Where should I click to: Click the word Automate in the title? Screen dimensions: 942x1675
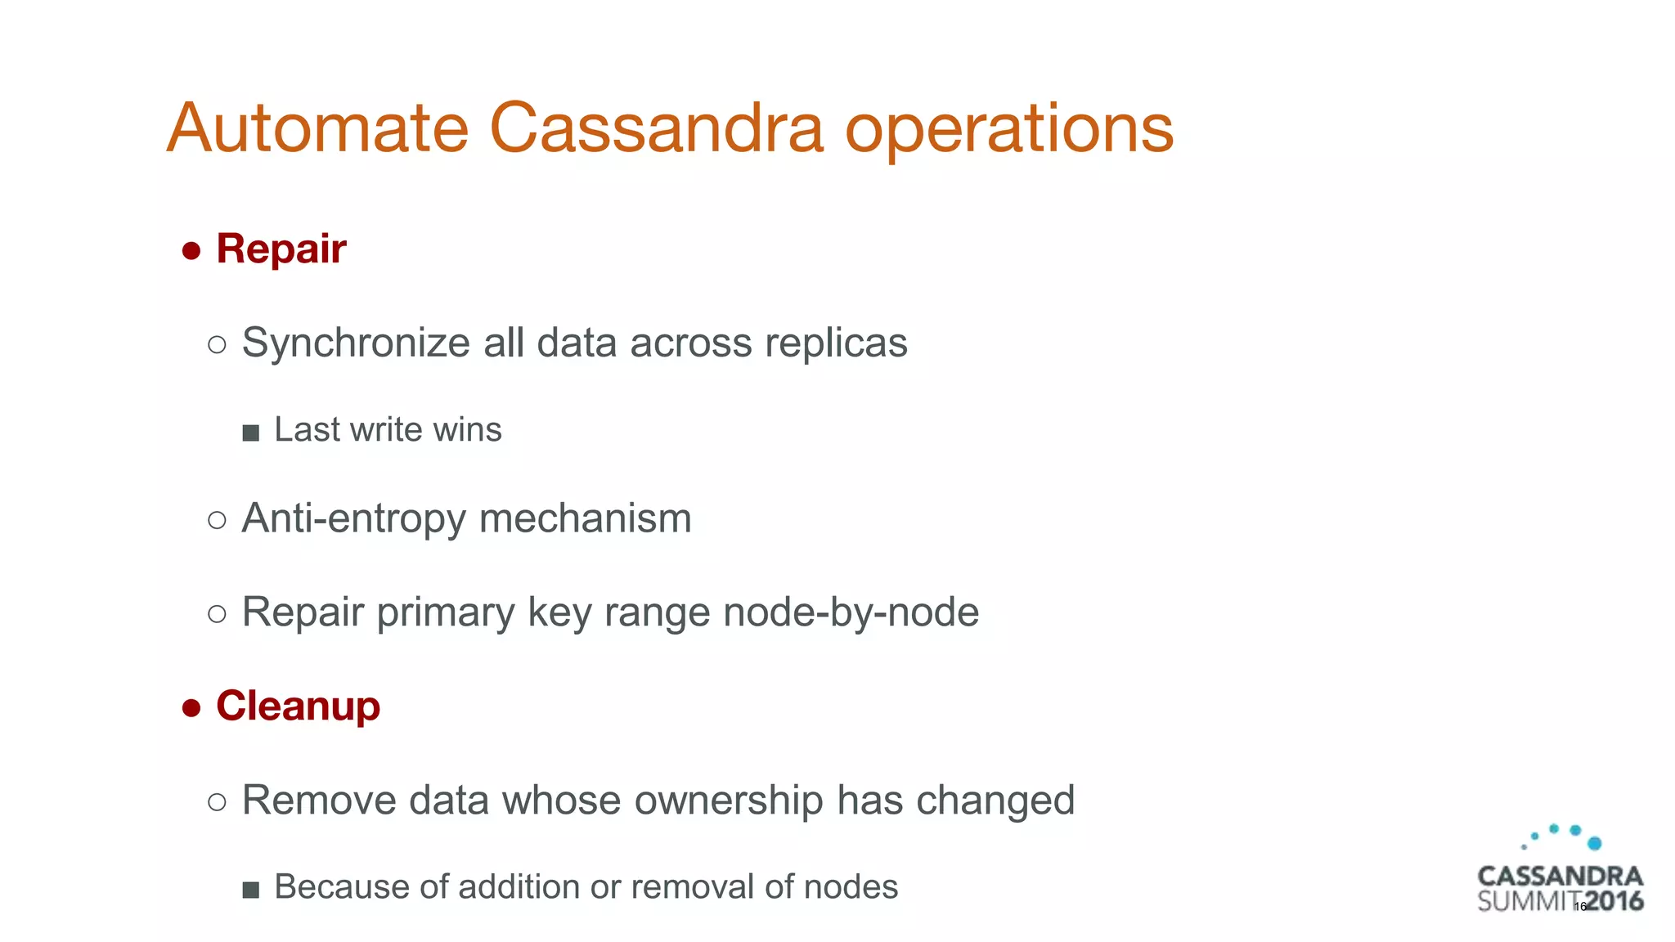(317, 128)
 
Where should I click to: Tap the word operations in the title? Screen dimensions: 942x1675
(1008, 131)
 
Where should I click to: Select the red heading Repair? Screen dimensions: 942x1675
(281, 249)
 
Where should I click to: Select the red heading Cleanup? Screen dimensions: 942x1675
(298, 706)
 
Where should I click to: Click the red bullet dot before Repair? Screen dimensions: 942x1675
(191, 251)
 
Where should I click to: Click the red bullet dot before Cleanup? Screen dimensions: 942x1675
(191, 708)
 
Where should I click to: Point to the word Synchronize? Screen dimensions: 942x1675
(355, 343)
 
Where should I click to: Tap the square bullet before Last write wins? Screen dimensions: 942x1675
(251, 433)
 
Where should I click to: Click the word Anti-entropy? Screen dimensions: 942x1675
(353, 519)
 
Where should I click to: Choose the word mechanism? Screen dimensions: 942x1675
(586, 519)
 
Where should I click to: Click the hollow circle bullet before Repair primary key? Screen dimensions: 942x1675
(217, 613)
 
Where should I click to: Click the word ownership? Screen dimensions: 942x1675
(729, 801)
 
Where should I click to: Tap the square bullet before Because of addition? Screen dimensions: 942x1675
(251, 890)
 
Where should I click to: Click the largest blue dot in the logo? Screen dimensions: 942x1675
(1594, 843)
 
